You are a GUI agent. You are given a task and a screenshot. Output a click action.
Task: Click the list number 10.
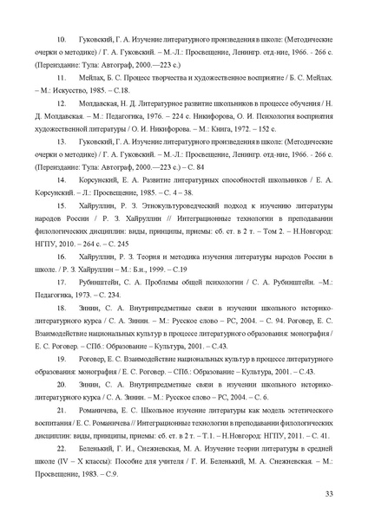[x=60, y=42]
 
